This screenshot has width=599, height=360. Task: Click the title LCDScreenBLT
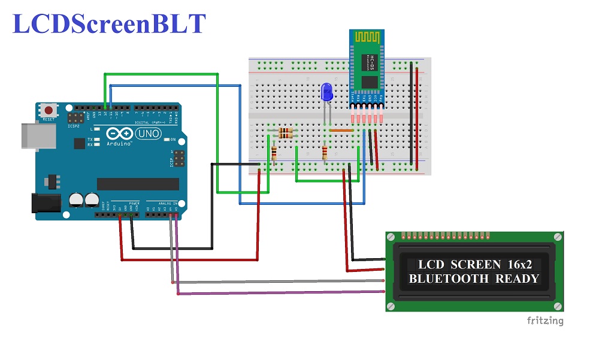[x=110, y=23]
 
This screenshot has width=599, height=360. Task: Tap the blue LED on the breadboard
[x=326, y=92]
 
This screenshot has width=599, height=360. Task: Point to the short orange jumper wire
[x=341, y=130]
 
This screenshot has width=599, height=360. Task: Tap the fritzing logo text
[x=545, y=320]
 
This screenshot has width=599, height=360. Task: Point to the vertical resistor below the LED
[x=325, y=155]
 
